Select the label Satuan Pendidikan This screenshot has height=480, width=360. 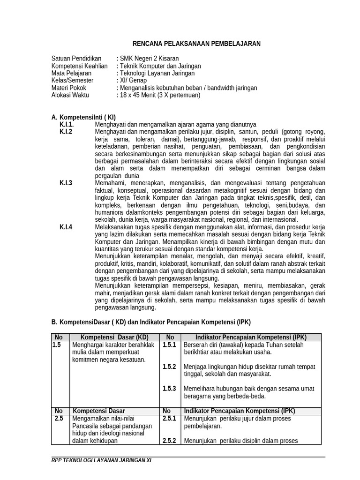(x=76, y=59)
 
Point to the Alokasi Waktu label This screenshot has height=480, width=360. (x=70, y=95)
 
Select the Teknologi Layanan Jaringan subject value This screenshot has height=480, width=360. (x=157, y=73)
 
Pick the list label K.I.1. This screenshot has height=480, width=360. (x=67, y=125)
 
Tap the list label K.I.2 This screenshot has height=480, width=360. (x=66, y=132)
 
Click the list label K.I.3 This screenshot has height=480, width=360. (x=66, y=183)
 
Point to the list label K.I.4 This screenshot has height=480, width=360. (x=66, y=227)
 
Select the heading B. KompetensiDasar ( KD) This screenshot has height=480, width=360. (x=151, y=322)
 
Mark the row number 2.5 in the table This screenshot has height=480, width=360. (x=59, y=419)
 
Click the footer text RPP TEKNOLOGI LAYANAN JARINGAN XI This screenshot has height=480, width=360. (x=101, y=461)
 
